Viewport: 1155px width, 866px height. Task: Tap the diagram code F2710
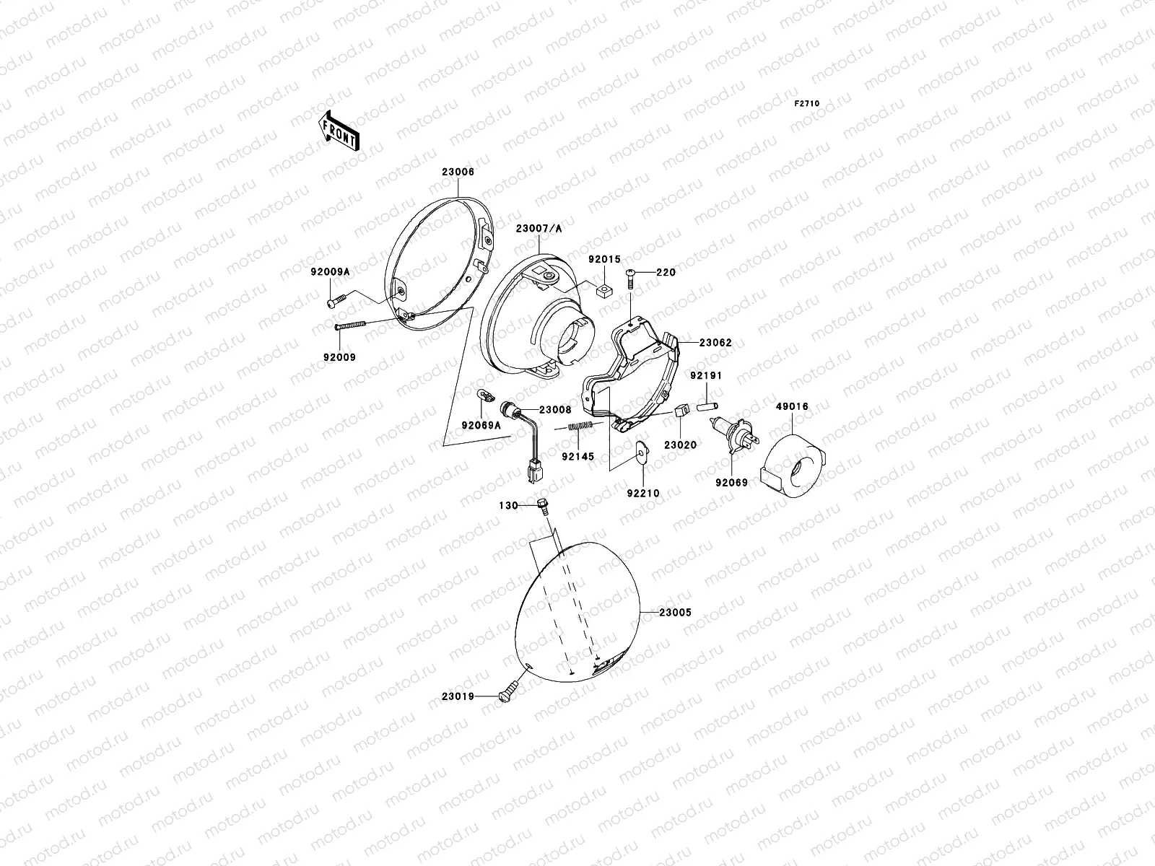coord(807,104)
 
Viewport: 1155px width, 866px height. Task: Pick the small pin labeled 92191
coord(706,398)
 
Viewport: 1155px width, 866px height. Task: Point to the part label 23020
coord(680,445)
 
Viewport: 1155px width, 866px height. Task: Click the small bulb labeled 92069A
coord(484,395)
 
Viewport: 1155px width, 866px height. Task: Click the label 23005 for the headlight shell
coord(675,612)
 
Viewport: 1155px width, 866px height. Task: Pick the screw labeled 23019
coord(509,694)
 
